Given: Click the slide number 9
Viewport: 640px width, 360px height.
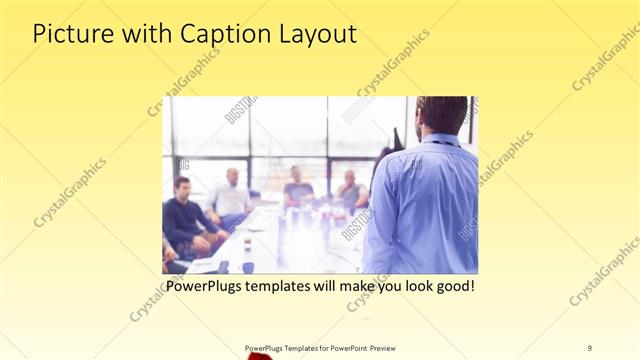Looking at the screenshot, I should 589,347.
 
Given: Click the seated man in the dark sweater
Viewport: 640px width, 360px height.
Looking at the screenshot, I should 183,215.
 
